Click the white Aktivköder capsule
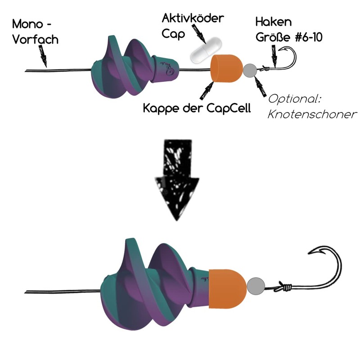click(x=206, y=50)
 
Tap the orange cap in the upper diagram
click(x=227, y=68)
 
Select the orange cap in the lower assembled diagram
click(x=227, y=288)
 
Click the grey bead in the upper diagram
click(x=250, y=71)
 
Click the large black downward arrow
click(x=177, y=179)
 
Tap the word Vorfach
click(x=36, y=40)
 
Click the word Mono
click(x=27, y=24)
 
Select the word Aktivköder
click(x=193, y=18)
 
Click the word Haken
click(x=274, y=22)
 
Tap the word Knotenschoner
click(x=312, y=114)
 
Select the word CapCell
click(x=229, y=108)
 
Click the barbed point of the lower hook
click(x=317, y=252)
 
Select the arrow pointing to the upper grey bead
click(x=260, y=86)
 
